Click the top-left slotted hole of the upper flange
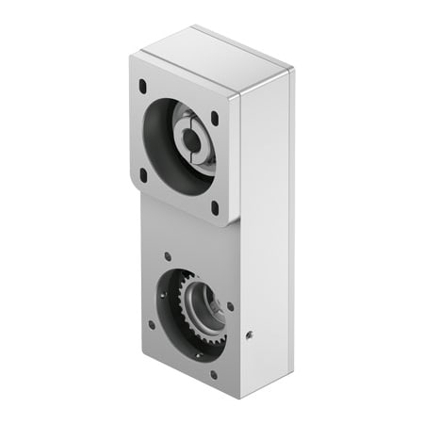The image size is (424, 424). coord(142,86)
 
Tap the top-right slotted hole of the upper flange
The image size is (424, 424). coord(214,119)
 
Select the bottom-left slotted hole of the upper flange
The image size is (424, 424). coord(144,174)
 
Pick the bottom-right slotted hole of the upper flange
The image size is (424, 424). coord(214,207)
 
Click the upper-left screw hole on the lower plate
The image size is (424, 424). coord(167,255)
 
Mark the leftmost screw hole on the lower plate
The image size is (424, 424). coord(153,300)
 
